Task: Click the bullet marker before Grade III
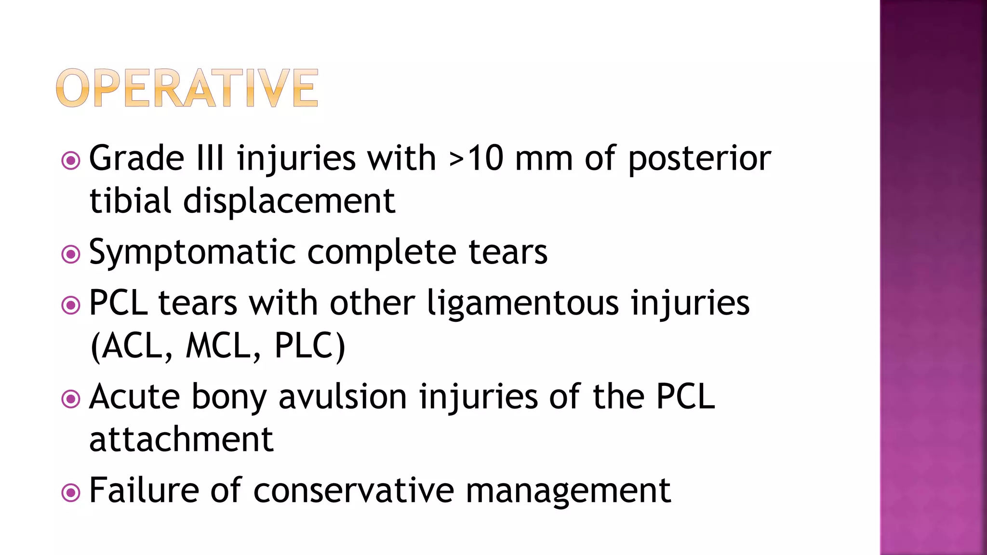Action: point(71,160)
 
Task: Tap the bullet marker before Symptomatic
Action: point(71,254)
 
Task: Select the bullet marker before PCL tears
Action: point(71,305)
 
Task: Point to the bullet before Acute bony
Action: point(71,398)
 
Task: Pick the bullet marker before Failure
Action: point(71,492)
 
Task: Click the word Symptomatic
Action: point(192,252)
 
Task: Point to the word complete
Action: point(381,252)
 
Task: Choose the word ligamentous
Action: point(523,304)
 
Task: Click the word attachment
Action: point(181,439)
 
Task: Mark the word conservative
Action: point(353,490)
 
